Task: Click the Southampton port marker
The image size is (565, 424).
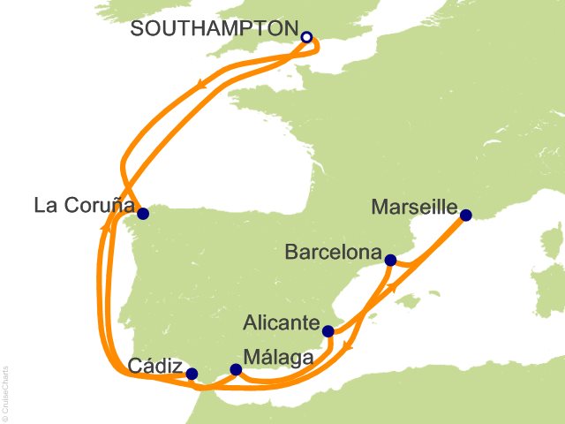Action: click(306, 37)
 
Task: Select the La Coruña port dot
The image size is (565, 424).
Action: click(143, 213)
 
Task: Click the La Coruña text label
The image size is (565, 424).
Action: click(84, 207)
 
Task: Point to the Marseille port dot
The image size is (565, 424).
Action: click(466, 215)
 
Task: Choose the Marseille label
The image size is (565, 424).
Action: click(415, 209)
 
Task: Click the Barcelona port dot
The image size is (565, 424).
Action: click(390, 259)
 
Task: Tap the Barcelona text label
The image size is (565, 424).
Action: click(333, 253)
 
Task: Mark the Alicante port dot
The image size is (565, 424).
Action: click(328, 332)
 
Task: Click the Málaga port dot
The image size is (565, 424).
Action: click(235, 369)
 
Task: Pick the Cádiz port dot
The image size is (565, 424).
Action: click(192, 374)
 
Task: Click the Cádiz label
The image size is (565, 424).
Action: click(157, 366)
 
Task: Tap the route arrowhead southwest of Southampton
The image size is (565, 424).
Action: click(203, 85)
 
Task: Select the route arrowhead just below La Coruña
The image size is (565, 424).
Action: click(106, 227)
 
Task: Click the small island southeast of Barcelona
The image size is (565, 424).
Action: click(408, 303)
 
